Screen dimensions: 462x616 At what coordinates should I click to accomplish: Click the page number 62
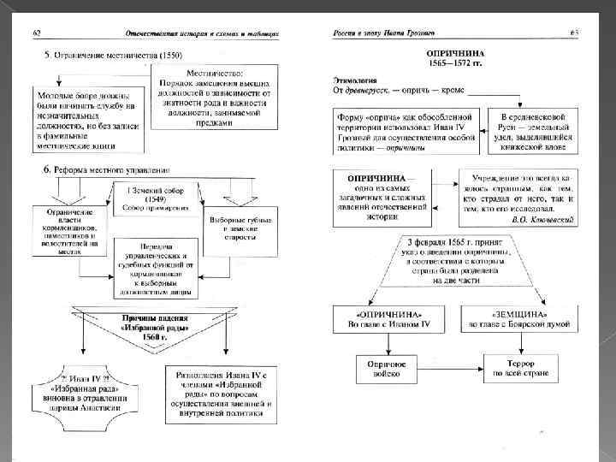(x=37, y=33)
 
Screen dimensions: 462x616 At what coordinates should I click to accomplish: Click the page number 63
(x=575, y=33)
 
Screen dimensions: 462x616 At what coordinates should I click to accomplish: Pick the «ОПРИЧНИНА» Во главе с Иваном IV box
(x=386, y=320)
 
